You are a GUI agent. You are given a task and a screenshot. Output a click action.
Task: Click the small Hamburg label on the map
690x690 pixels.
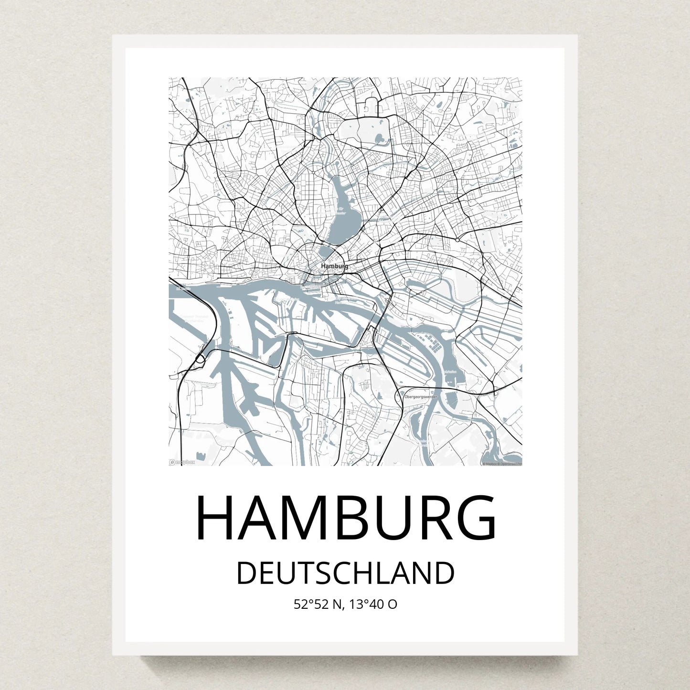click(x=334, y=265)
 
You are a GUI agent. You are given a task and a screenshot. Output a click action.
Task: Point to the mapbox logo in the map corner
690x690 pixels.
click(x=182, y=462)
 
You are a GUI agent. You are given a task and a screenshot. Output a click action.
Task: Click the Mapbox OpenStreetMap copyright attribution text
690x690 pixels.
click(x=501, y=463)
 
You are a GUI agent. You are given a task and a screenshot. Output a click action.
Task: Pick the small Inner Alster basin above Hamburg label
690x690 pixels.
click(x=327, y=251)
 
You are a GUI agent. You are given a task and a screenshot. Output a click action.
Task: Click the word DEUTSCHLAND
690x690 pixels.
click(x=345, y=573)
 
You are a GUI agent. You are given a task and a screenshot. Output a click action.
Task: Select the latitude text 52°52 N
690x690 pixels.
click(x=318, y=605)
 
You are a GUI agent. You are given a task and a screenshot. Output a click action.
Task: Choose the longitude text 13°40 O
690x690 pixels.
click(x=373, y=605)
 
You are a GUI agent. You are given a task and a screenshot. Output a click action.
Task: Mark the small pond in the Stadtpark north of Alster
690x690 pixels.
click(x=380, y=139)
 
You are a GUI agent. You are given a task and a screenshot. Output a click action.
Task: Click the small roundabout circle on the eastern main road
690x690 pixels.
click(x=457, y=239)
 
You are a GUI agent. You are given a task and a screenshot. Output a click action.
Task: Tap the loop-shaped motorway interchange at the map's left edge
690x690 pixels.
click(x=200, y=359)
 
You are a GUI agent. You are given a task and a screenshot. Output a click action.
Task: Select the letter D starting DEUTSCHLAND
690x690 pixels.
click(x=246, y=573)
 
